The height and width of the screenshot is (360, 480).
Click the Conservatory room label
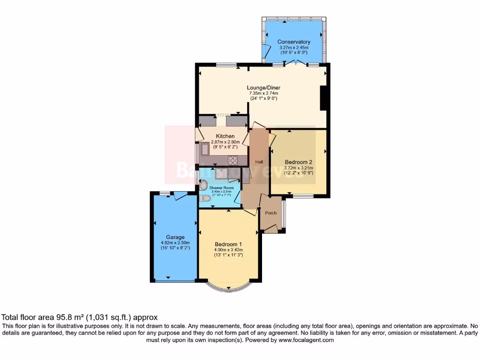click(293, 42)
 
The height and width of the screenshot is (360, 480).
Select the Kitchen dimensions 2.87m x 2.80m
click(225, 142)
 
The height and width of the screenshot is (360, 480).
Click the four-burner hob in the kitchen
click(233, 160)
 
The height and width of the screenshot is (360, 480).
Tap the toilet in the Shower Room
click(202, 199)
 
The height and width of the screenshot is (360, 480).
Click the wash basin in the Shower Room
click(203, 184)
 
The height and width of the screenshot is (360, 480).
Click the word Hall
click(259, 162)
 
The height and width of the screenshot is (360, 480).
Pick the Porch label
click(271, 213)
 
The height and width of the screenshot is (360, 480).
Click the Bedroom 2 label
click(299, 162)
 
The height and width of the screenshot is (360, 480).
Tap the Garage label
click(175, 237)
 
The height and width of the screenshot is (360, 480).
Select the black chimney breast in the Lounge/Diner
click(323, 98)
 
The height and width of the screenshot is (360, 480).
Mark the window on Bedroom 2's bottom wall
click(304, 195)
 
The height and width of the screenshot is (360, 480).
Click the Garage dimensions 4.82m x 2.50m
click(175, 243)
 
